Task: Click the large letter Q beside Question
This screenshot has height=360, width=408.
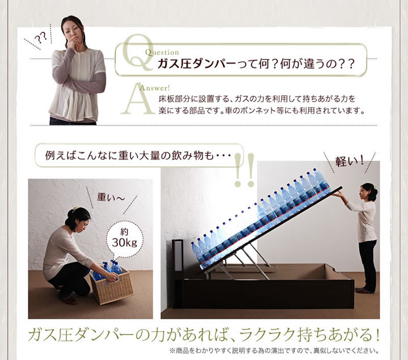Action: [138, 53]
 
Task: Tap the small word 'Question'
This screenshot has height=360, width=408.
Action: [162, 52]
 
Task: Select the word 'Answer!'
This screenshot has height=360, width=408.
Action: [155, 88]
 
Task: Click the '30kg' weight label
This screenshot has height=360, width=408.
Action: [124, 243]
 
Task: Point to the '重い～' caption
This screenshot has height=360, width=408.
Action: [110, 197]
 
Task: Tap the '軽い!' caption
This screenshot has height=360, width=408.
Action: [349, 162]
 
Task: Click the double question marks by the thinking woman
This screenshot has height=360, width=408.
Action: [41, 38]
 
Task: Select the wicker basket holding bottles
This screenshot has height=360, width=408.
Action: [112, 286]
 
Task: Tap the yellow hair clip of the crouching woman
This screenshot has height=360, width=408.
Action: [75, 208]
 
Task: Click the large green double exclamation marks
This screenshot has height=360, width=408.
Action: [244, 170]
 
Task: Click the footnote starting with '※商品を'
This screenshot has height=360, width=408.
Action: [274, 351]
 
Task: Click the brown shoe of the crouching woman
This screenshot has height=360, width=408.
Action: [69, 300]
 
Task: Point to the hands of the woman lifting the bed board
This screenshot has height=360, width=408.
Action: [337, 194]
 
